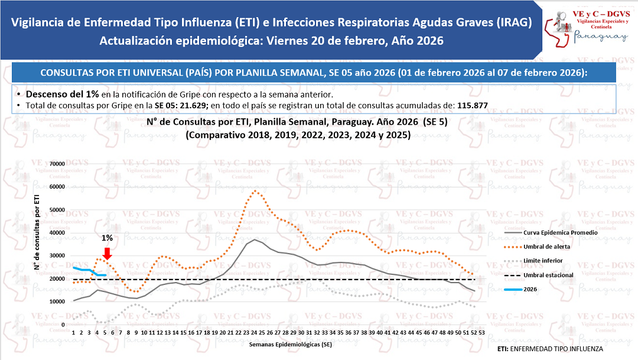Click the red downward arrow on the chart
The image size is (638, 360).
[x=107, y=253]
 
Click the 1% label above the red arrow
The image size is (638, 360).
[x=107, y=238]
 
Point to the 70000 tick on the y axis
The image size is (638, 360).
[x=57, y=164]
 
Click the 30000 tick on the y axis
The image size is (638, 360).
[x=57, y=256]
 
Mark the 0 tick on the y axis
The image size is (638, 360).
[x=63, y=325]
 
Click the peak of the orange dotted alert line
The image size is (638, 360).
[x=255, y=190]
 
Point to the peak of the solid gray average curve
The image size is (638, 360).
[x=255, y=239]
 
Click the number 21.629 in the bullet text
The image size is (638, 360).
[x=193, y=105]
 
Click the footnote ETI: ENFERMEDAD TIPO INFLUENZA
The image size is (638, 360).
[x=550, y=349]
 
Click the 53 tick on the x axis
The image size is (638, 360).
[x=483, y=333]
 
